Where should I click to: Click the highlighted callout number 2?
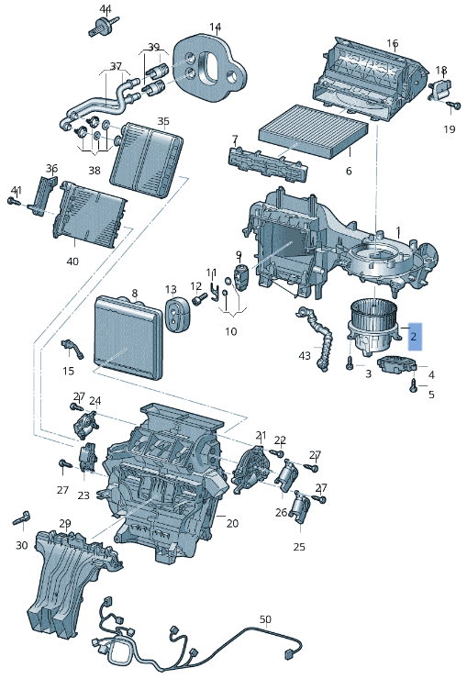coord(414,338)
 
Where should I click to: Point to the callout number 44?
coord(106,9)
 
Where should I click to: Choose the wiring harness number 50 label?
coord(265,619)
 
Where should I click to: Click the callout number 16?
coord(392,43)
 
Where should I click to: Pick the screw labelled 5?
coord(413,389)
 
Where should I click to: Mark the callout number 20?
coord(232,523)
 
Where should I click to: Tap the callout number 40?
coord(72,262)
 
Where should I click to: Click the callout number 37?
coord(116,66)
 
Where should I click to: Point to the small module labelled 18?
coord(441,90)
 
